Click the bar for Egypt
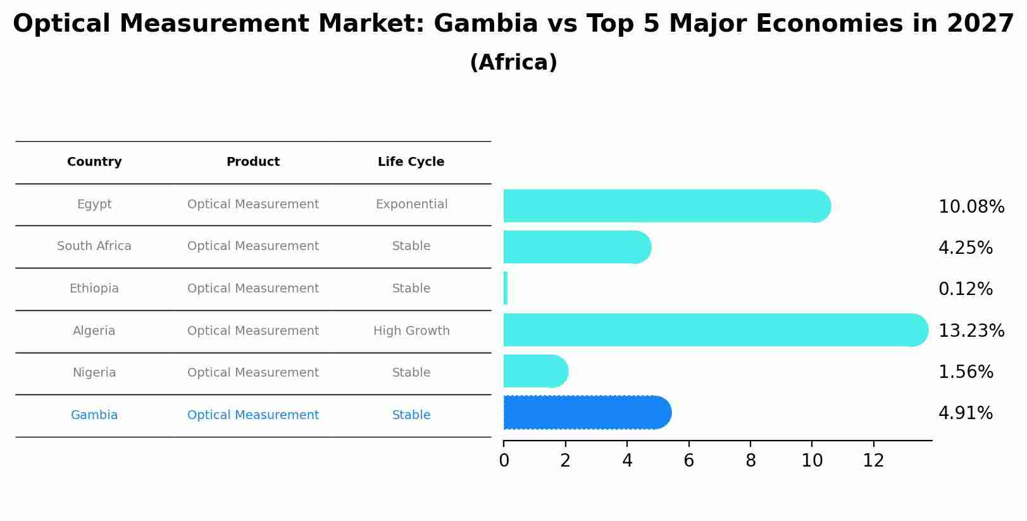664,206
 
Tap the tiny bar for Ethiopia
506,289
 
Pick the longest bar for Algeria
715,330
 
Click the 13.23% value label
971,330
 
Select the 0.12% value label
965,289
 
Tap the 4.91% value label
965,413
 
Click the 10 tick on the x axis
812,461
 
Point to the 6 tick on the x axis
688,461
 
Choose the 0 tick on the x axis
504,461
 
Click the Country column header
94,162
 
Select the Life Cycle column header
411,162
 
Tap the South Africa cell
94,246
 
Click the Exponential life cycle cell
411,204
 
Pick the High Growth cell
411,331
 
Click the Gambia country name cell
94,415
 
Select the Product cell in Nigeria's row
253,373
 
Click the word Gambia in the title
485,24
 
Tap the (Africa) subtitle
513,63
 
